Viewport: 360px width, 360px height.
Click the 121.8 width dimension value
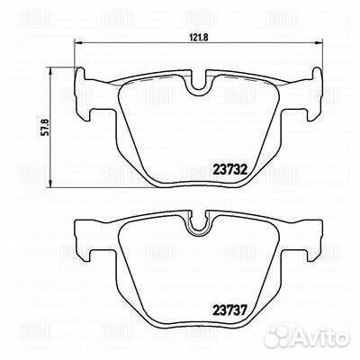coord(199,37)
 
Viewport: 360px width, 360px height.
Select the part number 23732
coord(229,170)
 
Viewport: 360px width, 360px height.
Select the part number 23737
coord(229,310)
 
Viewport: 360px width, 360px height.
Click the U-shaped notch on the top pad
coord(198,84)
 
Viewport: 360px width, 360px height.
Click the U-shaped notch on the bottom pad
coord(198,222)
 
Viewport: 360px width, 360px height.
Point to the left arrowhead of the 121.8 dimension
coord(77,43)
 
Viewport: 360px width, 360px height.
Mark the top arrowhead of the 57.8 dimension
coord(51,70)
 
